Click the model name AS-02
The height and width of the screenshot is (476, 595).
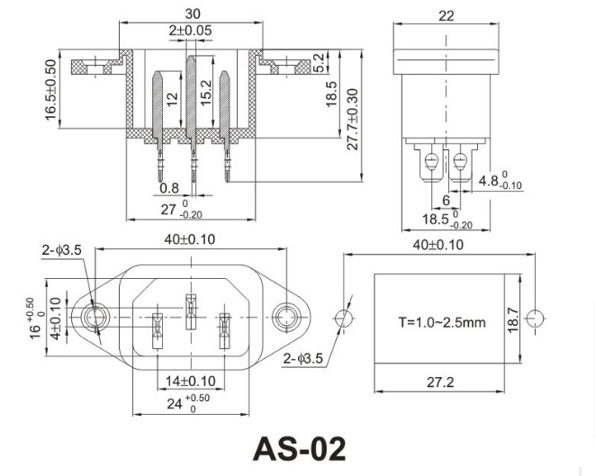click(297, 448)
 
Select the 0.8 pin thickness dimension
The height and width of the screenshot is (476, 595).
click(168, 188)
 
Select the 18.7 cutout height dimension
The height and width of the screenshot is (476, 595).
click(512, 319)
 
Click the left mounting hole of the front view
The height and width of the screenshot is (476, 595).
click(93, 318)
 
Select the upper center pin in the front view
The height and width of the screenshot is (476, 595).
click(190, 304)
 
